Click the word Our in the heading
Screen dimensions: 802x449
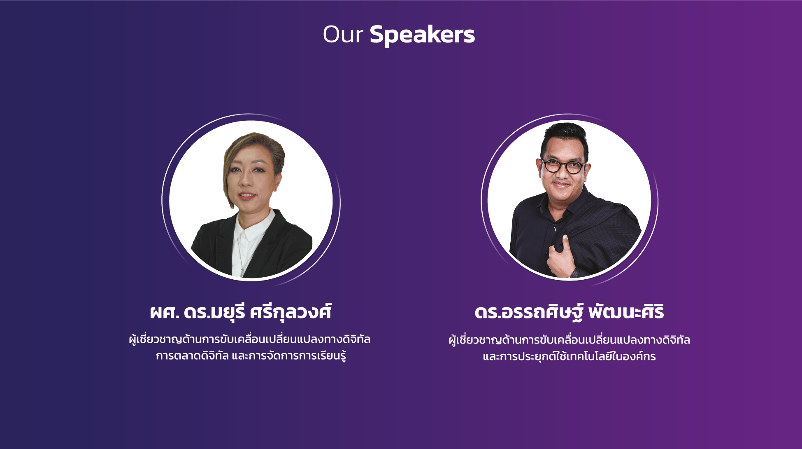tap(343, 35)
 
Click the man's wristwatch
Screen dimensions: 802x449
tap(574, 272)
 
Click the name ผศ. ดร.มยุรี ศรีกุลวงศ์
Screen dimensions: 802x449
tap(241, 312)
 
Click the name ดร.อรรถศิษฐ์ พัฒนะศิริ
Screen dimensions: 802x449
tap(569, 312)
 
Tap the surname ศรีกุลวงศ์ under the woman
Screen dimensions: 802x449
tap(291, 312)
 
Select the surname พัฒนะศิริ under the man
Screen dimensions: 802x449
tap(626, 312)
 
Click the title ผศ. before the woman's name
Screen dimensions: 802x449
tap(165, 313)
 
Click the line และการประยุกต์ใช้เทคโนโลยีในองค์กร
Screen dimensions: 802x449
tap(569, 356)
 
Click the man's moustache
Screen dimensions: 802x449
tap(561, 182)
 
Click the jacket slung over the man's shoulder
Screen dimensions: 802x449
tap(605, 231)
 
